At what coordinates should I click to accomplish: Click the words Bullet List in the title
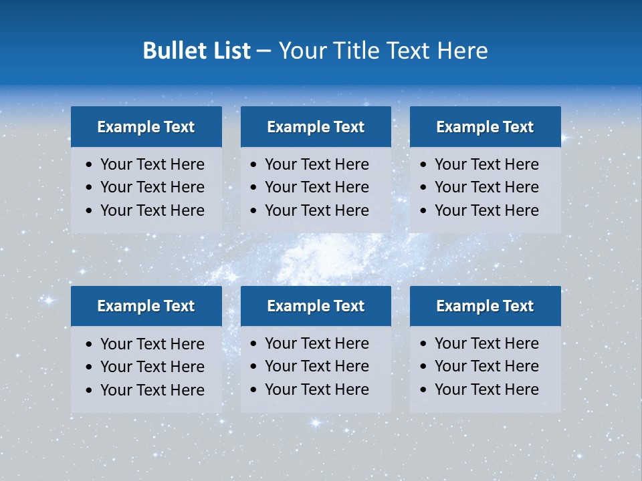click(x=197, y=51)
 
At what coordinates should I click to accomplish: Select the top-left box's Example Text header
click(x=146, y=127)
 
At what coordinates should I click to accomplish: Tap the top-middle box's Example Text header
click(x=316, y=127)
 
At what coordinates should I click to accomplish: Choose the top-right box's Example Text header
click(x=485, y=127)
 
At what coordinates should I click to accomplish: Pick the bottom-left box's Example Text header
click(x=146, y=306)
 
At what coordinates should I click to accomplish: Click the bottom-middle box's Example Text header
click(x=316, y=306)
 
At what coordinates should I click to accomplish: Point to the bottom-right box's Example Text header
click(x=485, y=306)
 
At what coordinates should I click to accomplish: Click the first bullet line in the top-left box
click(x=152, y=164)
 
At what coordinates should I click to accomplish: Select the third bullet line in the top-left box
click(x=152, y=210)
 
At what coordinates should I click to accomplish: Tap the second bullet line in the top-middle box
click(x=316, y=187)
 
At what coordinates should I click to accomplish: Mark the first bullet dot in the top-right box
click(x=424, y=165)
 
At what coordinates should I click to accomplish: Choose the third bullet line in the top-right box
click(x=486, y=210)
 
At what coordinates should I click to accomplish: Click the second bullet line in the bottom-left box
click(x=152, y=367)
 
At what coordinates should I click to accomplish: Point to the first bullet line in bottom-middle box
click(x=316, y=343)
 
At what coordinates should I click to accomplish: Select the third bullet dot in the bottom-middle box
click(x=254, y=390)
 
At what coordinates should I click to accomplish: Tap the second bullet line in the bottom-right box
click(x=486, y=366)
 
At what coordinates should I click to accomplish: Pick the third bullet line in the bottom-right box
click(x=486, y=389)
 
